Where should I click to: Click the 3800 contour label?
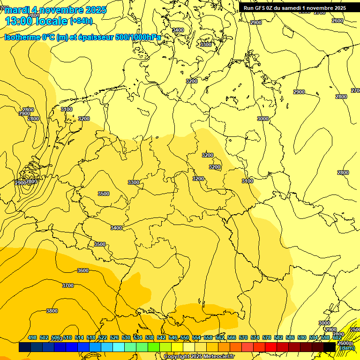point(52,311)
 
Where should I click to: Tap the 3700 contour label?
point(68,285)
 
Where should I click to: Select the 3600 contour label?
point(83,270)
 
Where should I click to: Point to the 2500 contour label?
point(355,330)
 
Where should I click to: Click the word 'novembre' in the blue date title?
point(63,10)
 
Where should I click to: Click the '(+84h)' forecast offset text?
point(81,21)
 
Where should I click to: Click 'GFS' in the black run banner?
point(262,8)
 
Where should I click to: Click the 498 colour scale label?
point(32,337)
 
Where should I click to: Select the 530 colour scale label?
point(126,337)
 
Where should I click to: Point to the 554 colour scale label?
point(196,337)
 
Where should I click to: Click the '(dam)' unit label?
point(347,348)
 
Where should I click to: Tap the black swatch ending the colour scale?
point(330,347)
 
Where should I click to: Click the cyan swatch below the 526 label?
point(119,347)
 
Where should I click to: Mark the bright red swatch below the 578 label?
point(271,347)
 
